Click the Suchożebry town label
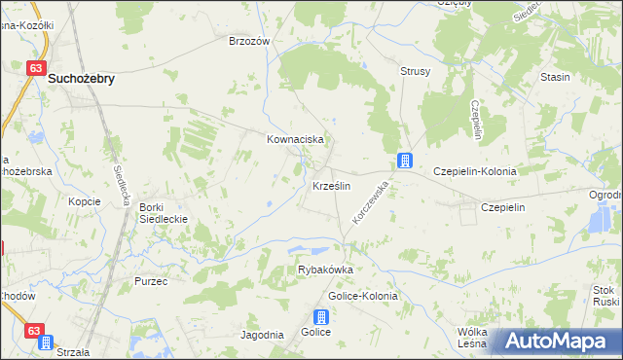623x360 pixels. (x=82, y=82)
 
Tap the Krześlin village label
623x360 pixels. (x=331, y=185)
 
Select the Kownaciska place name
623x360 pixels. (x=295, y=140)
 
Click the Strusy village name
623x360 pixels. (x=416, y=72)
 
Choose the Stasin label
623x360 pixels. (x=555, y=76)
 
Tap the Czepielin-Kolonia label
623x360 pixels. (x=475, y=170)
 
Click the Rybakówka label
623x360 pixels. (x=324, y=270)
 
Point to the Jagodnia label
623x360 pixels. (x=262, y=335)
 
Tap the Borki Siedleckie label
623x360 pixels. (x=163, y=213)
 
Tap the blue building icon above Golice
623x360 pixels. (x=321, y=316)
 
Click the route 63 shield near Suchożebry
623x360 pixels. (x=35, y=68)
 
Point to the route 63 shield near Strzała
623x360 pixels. (x=35, y=332)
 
